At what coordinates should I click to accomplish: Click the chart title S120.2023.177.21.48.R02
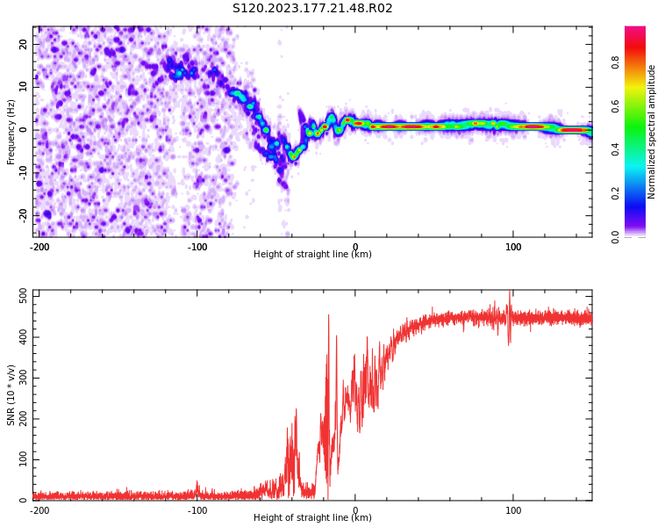click(312, 8)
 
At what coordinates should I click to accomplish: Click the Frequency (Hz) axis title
click(11, 131)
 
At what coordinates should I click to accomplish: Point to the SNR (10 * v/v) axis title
click(11, 395)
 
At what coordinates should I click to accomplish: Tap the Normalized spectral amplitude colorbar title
click(652, 131)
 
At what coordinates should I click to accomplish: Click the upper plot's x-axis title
click(312, 254)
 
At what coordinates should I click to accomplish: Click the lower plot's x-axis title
click(312, 517)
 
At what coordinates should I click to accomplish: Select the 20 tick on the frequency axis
click(24, 44)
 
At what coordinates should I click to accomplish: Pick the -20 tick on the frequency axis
click(22, 215)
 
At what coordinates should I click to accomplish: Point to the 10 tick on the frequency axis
click(24, 87)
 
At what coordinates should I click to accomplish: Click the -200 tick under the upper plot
click(39, 246)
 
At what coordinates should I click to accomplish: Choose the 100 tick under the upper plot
click(513, 246)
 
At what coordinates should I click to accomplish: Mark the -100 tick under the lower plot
click(197, 509)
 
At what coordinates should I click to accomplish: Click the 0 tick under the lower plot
click(355, 509)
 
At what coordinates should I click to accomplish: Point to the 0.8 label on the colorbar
click(615, 62)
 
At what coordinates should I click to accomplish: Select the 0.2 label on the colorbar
click(615, 193)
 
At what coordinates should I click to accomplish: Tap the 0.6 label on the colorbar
click(615, 106)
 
